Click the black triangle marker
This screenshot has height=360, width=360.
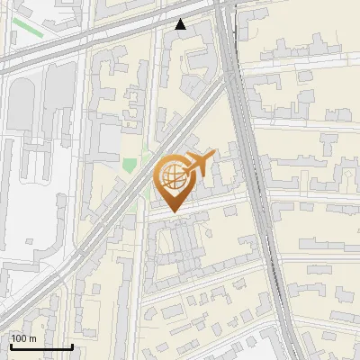point(181,24)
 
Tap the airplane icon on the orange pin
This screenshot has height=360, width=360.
point(199,165)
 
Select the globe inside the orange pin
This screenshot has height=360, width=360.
point(171,177)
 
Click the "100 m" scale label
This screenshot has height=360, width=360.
point(23,338)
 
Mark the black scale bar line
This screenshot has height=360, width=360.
point(41,346)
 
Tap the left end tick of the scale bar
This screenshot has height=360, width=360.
point(11,345)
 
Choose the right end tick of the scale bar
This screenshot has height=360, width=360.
point(72,345)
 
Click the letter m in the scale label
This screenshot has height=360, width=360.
point(32,338)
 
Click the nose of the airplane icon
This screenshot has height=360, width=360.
point(215,157)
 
